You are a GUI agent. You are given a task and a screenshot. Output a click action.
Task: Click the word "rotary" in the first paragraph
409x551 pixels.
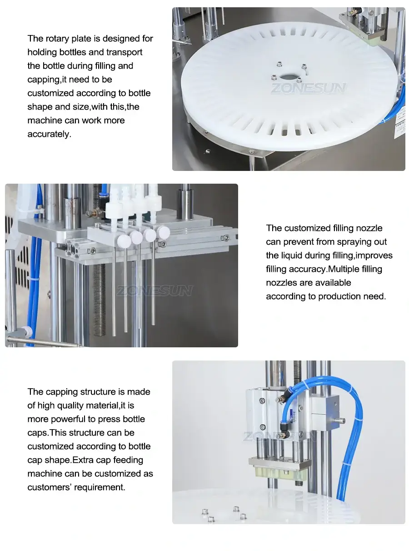click(57, 39)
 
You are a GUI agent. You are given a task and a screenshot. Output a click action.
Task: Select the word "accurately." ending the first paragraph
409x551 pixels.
click(49, 134)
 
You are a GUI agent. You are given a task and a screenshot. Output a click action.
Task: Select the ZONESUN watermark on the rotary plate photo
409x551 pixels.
click(309, 88)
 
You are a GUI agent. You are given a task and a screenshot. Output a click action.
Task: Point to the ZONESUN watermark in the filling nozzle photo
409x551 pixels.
click(155, 291)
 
